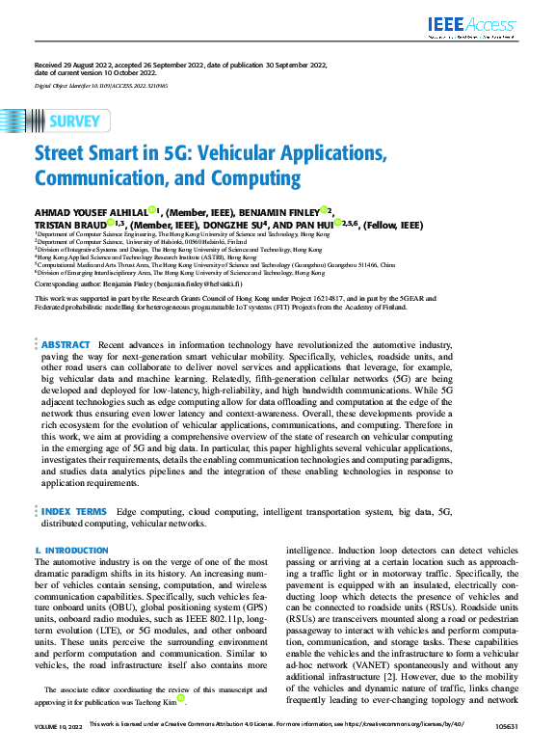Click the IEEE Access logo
click(x=474, y=26)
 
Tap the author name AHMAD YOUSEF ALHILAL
click(x=91, y=212)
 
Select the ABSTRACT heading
click(x=66, y=344)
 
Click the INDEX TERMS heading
click(x=73, y=511)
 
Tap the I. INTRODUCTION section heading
click(x=71, y=551)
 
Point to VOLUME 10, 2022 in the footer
click(x=57, y=748)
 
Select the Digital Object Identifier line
click(x=102, y=85)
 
